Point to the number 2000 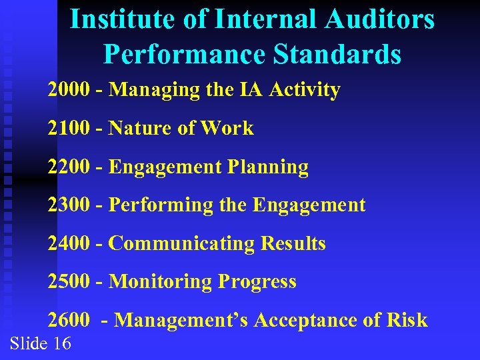click(x=68, y=89)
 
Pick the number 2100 click(x=68, y=128)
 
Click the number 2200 click(x=68, y=167)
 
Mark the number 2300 click(x=68, y=205)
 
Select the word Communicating click(x=181, y=243)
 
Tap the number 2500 click(x=68, y=281)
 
